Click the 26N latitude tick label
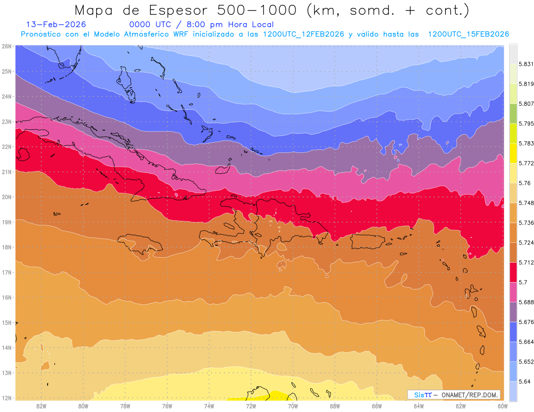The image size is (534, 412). (6, 46)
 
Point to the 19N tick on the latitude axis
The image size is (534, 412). (6, 222)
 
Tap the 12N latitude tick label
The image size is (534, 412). (6, 398)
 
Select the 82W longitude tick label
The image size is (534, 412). (41, 406)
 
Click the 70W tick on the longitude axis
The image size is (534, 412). (293, 406)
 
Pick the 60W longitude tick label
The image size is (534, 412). (502, 406)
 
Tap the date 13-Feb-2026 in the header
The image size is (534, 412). (56, 25)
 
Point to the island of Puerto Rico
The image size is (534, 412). (367, 241)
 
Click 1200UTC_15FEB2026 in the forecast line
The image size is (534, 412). (468, 34)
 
